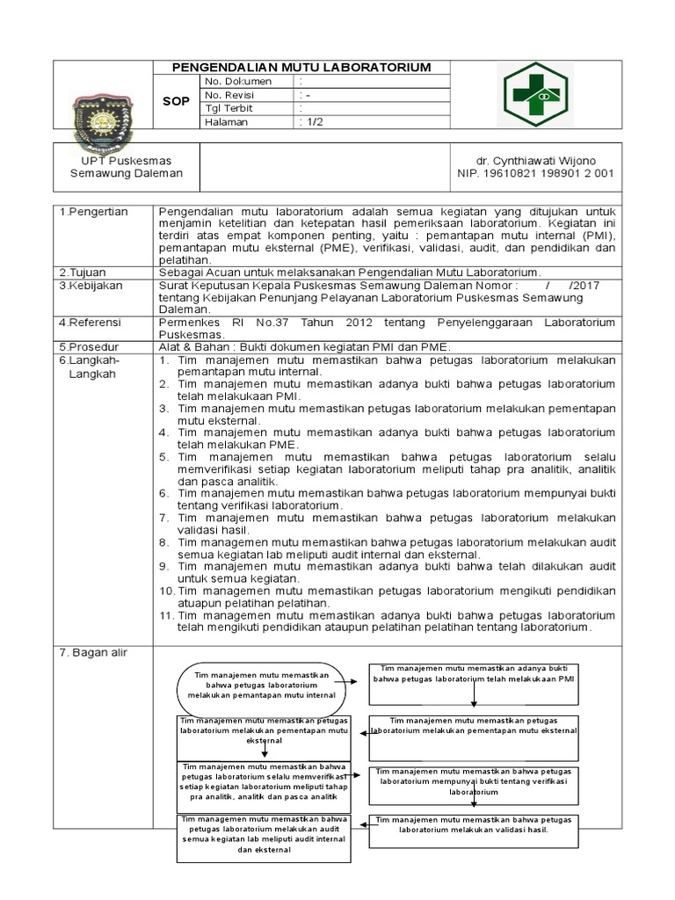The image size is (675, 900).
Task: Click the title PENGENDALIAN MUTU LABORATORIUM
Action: tap(301, 68)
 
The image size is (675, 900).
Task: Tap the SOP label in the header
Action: tap(176, 102)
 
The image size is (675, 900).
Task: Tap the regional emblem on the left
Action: tap(103, 112)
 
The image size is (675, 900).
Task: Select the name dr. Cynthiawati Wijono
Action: tap(535, 161)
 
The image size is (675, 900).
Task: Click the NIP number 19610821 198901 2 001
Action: tap(535, 173)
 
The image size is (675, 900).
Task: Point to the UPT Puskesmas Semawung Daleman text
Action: tap(127, 167)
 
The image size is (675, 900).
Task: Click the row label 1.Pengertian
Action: tap(94, 213)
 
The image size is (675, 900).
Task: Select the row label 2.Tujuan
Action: tap(83, 272)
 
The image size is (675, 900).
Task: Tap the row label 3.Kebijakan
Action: tap(92, 286)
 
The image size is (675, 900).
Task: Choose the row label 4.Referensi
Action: tap(92, 323)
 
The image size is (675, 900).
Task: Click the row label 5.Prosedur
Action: tap(91, 347)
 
